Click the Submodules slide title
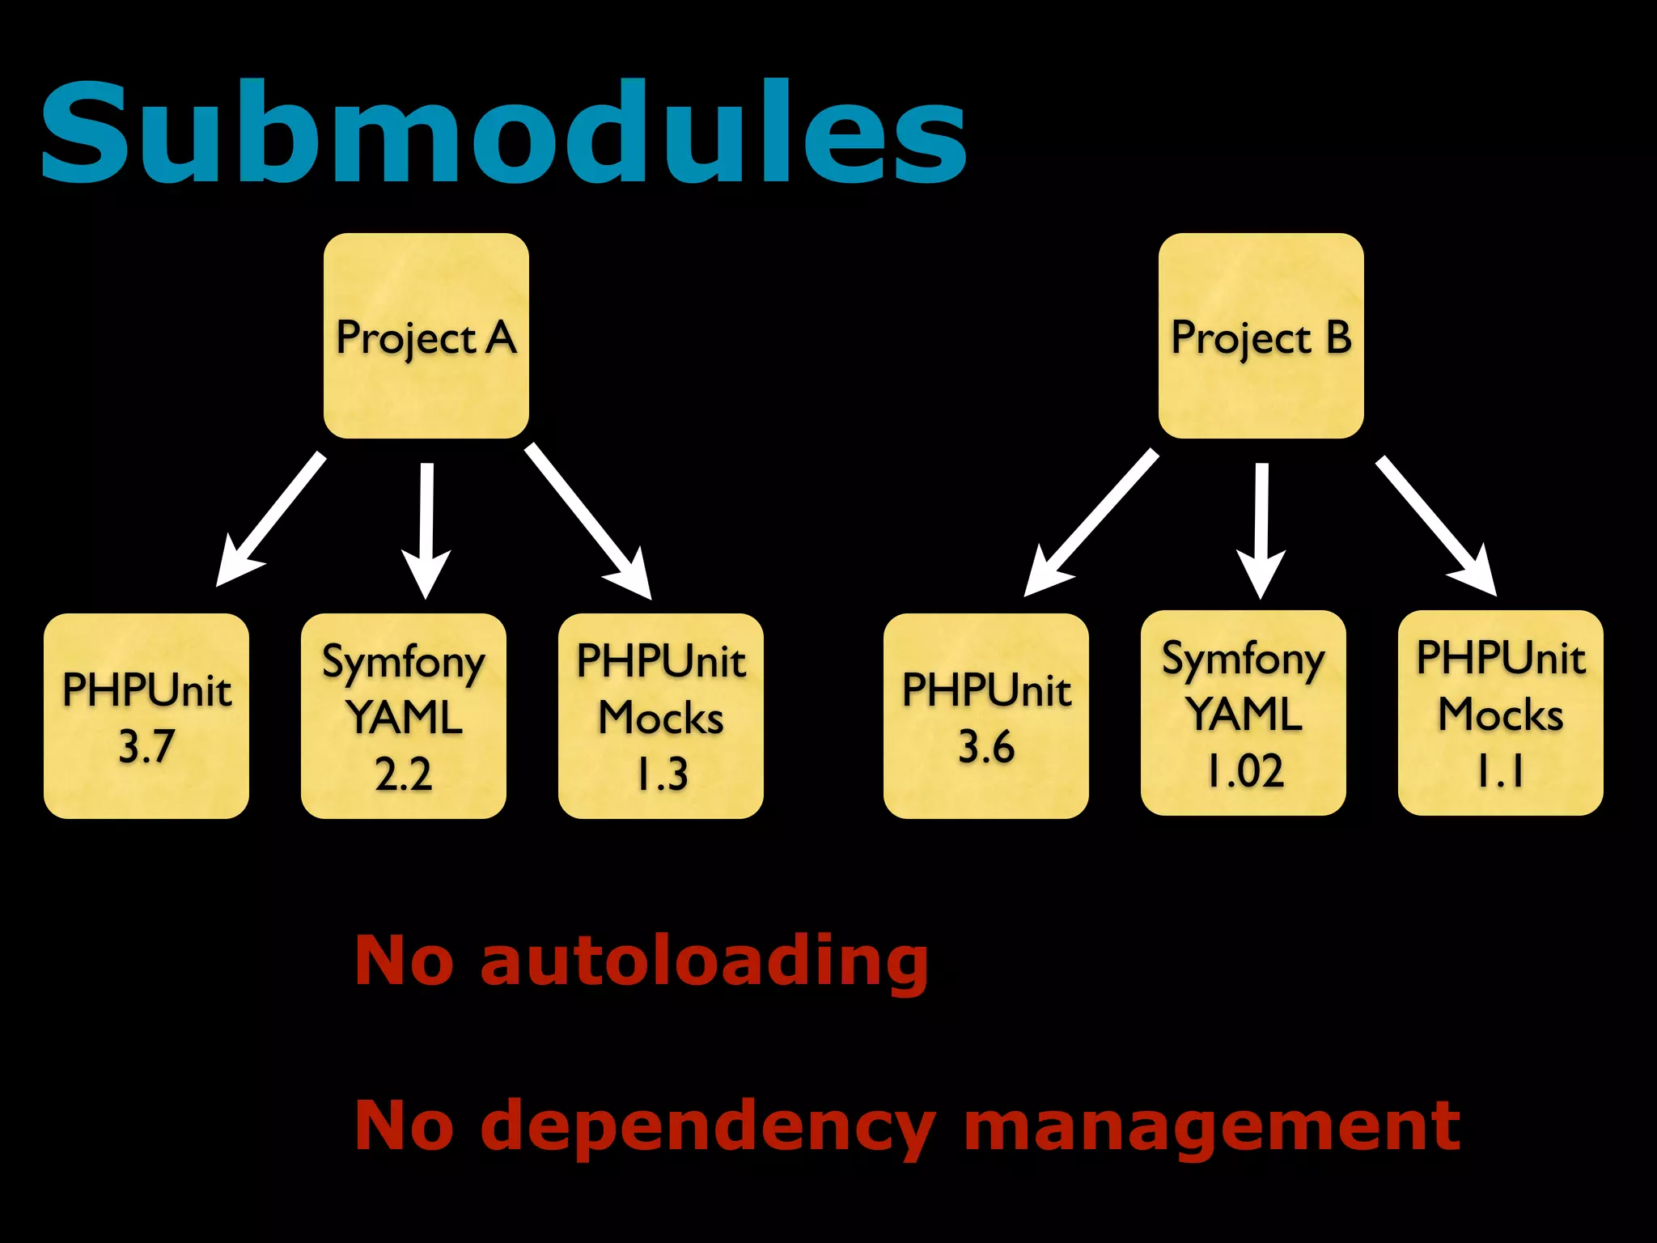(503, 134)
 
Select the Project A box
(426, 336)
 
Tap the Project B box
(1261, 336)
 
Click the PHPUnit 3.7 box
(146, 716)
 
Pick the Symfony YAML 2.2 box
(404, 716)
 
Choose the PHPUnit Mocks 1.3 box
(661, 716)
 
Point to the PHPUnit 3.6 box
(986, 716)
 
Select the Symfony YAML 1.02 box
(1244, 713)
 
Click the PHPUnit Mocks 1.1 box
(1501, 713)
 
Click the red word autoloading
(704, 961)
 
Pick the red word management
(1212, 1126)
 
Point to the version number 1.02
(1245, 770)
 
